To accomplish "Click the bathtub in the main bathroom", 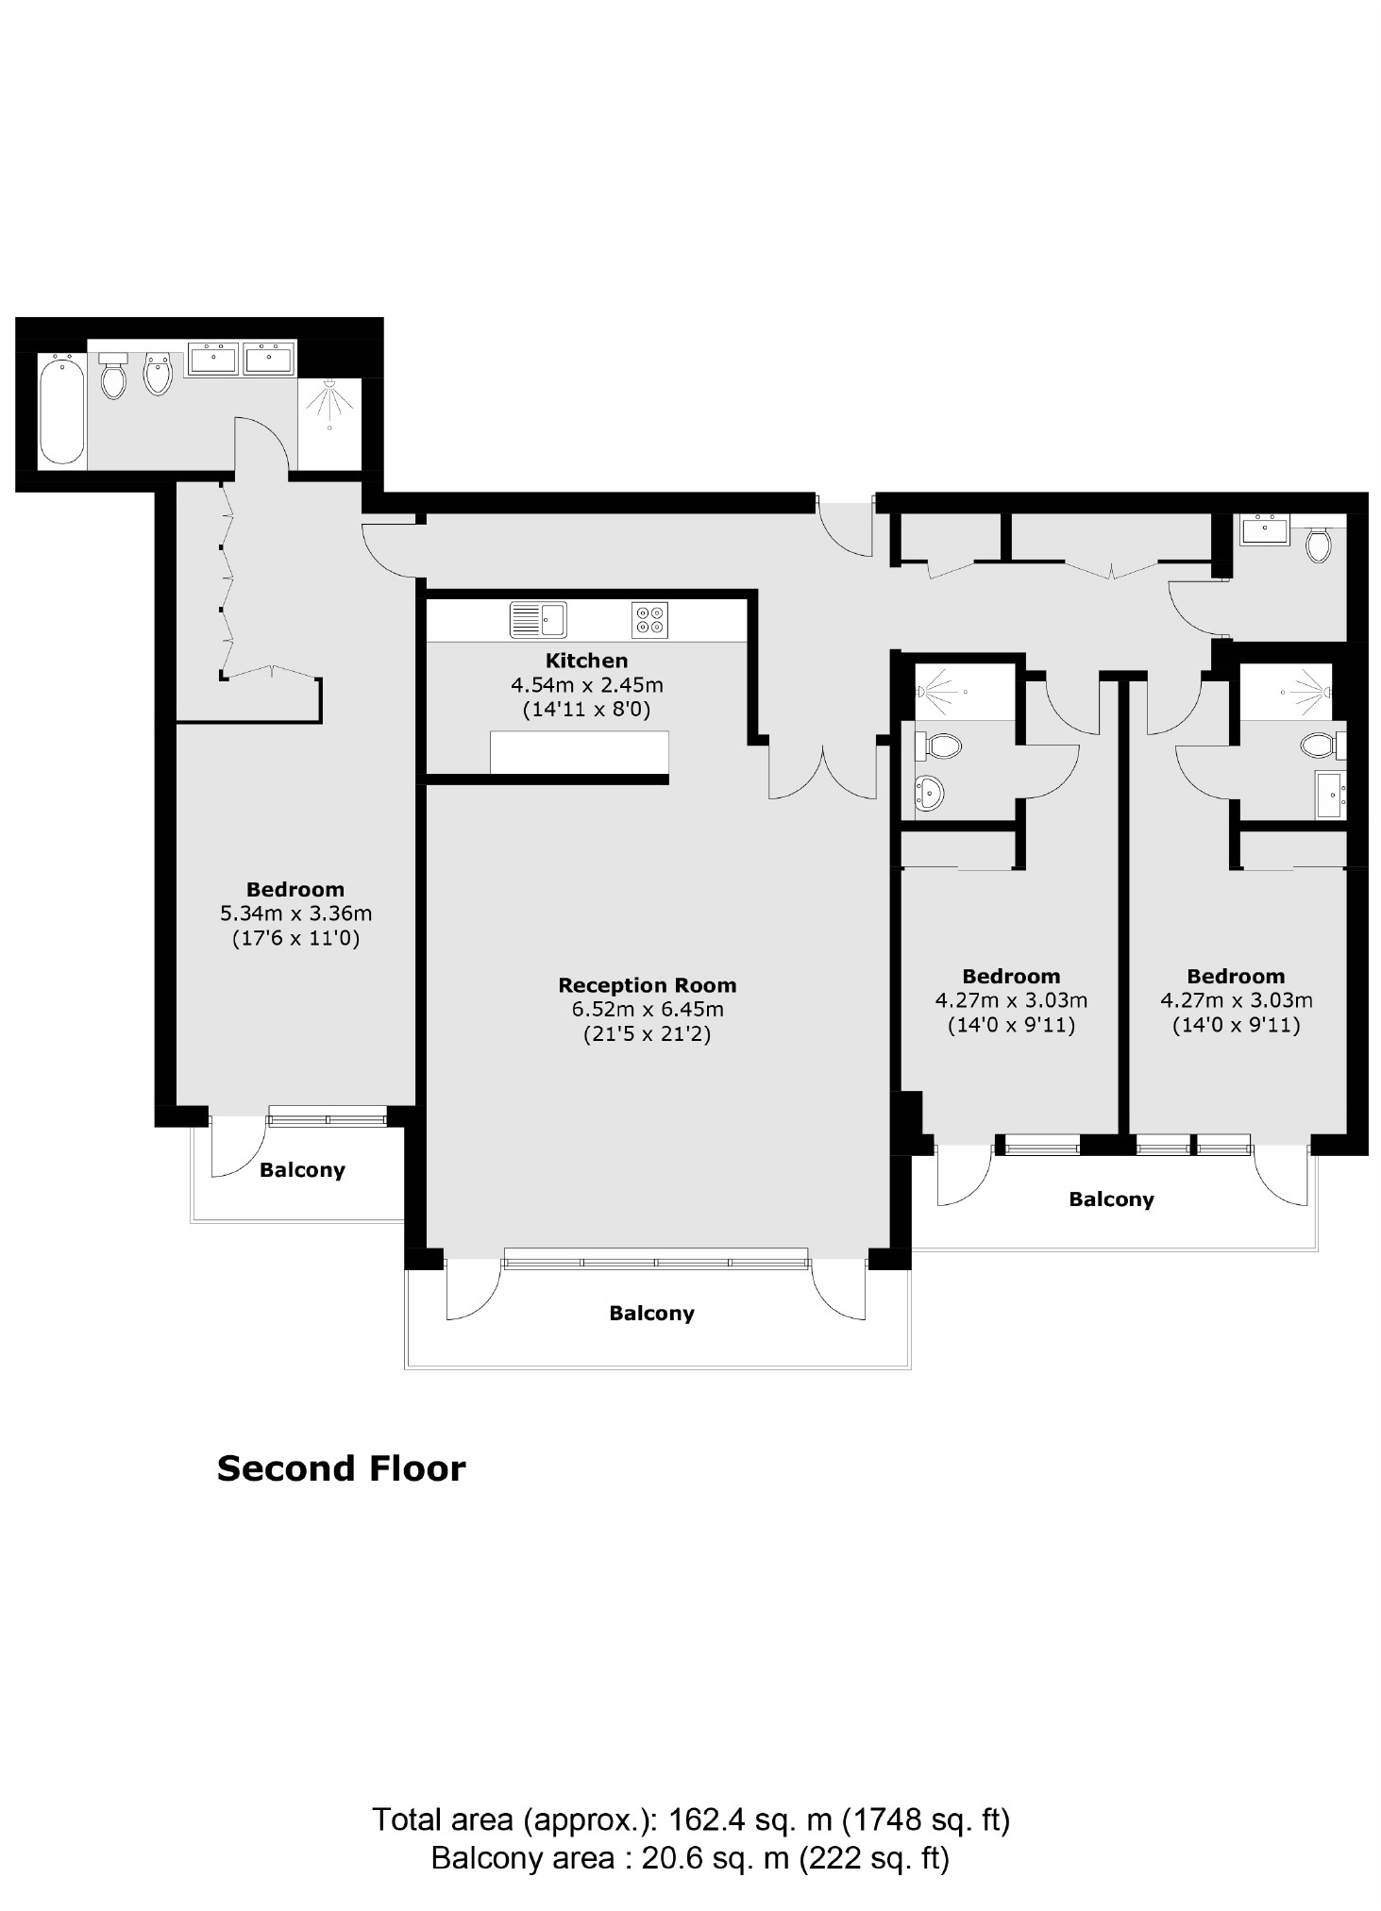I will tap(62, 410).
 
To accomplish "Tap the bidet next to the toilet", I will tap(158, 374).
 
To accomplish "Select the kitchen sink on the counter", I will tap(538, 620).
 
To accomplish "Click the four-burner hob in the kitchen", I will tap(649, 620).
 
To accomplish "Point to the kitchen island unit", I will tap(579, 752).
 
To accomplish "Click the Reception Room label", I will tap(647, 985).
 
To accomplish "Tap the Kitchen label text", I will tap(586, 661).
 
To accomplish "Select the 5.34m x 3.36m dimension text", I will tap(295, 914).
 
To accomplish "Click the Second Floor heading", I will tap(341, 1468).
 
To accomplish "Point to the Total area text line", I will tap(691, 1819).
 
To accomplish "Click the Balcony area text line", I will tap(690, 1858).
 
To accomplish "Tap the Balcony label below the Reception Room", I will tap(651, 1314).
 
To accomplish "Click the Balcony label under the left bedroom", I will tap(302, 1170).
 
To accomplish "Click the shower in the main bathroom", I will tap(329, 407).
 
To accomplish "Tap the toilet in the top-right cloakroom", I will tap(1319, 545).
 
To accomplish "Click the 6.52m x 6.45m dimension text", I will tap(647, 1009).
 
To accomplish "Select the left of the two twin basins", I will tap(213, 359).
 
